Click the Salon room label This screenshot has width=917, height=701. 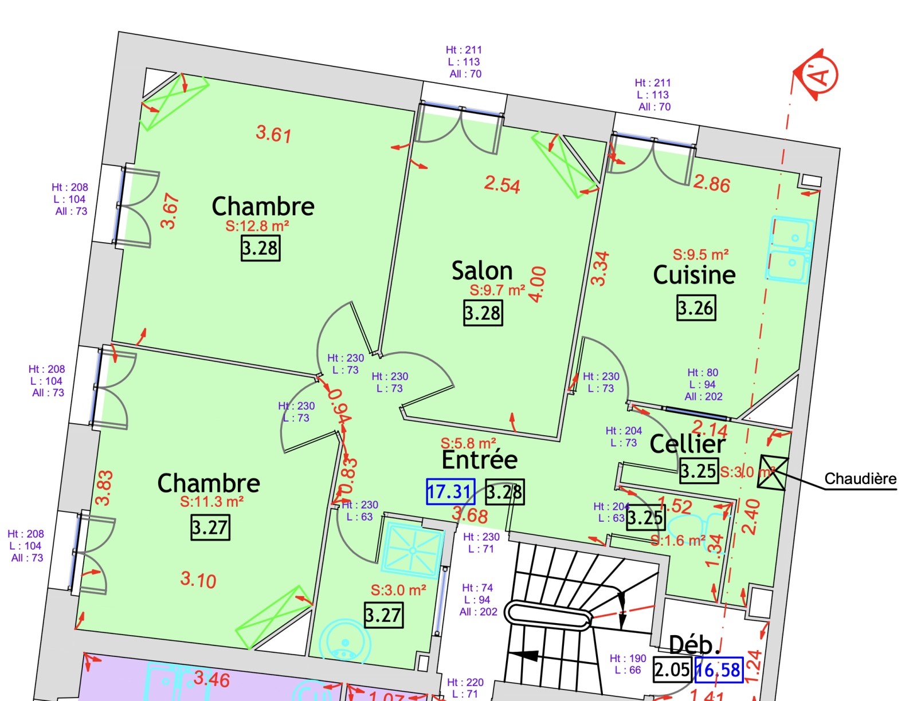click(x=482, y=271)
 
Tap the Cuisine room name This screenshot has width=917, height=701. click(x=694, y=275)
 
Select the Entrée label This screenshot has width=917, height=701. click(x=480, y=459)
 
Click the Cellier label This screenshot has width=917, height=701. click(x=688, y=444)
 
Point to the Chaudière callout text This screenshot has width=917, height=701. click(x=860, y=479)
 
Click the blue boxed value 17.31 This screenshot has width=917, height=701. click(x=450, y=491)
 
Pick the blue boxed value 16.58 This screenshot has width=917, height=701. click(x=719, y=670)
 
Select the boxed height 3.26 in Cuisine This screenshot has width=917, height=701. click(x=696, y=308)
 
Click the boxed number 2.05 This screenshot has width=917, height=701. click(x=672, y=670)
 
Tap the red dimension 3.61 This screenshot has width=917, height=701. click(x=274, y=134)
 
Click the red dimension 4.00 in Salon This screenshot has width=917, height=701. click(x=538, y=284)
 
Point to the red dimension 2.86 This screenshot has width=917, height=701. click(x=712, y=183)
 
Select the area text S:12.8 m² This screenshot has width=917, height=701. click(x=257, y=226)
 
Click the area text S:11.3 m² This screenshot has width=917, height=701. click(x=212, y=502)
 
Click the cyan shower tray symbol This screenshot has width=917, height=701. click(x=413, y=550)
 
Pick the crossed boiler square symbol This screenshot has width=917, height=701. click(x=773, y=472)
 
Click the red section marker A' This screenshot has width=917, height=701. click(x=818, y=75)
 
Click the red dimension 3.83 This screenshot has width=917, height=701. click(x=104, y=487)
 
